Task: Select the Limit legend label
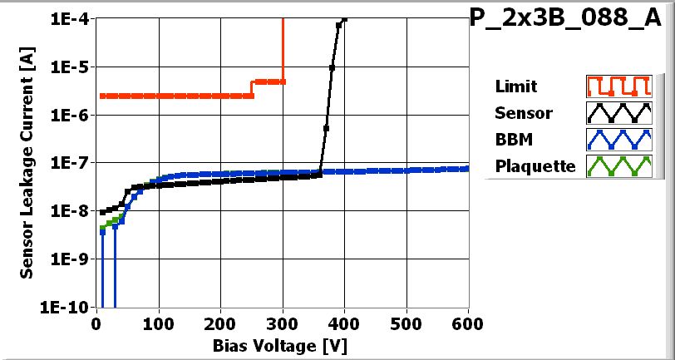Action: tap(515, 86)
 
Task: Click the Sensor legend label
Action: tap(523, 112)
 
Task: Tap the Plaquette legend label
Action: tap(535, 165)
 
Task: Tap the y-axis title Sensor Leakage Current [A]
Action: tap(27, 163)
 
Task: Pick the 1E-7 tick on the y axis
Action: tap(73, 163)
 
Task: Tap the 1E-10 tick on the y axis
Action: tap(71, 307)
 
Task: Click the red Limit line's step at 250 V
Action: tap(252, 88)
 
